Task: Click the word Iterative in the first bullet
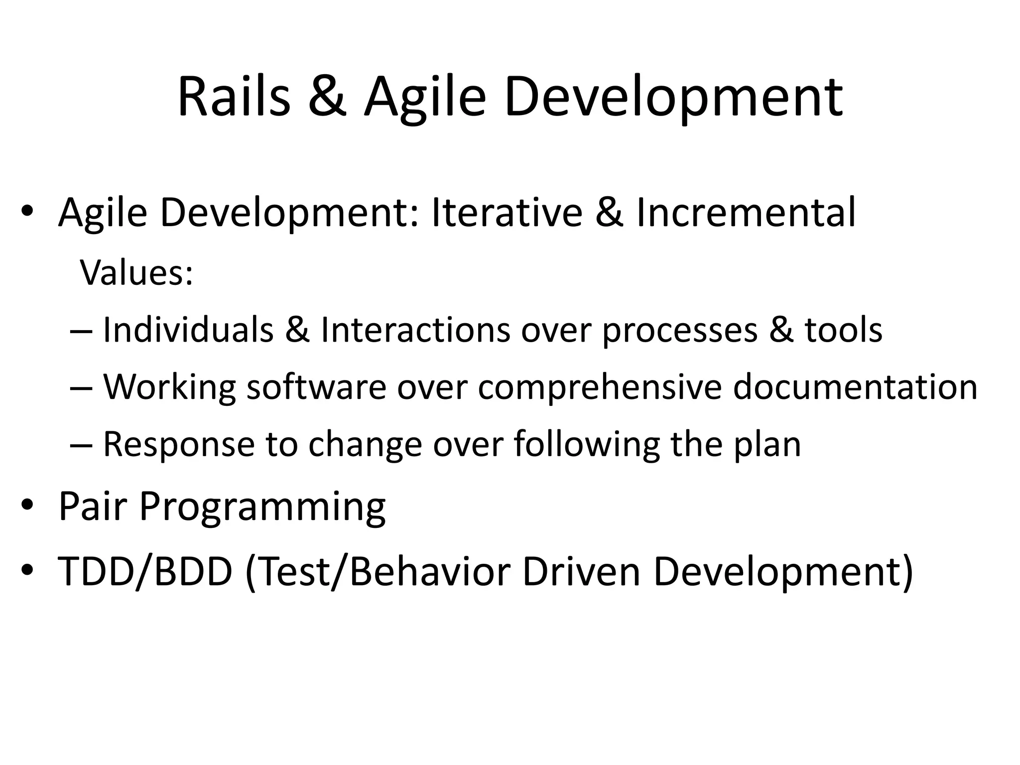click(507, 213)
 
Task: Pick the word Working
click(169, 387)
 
